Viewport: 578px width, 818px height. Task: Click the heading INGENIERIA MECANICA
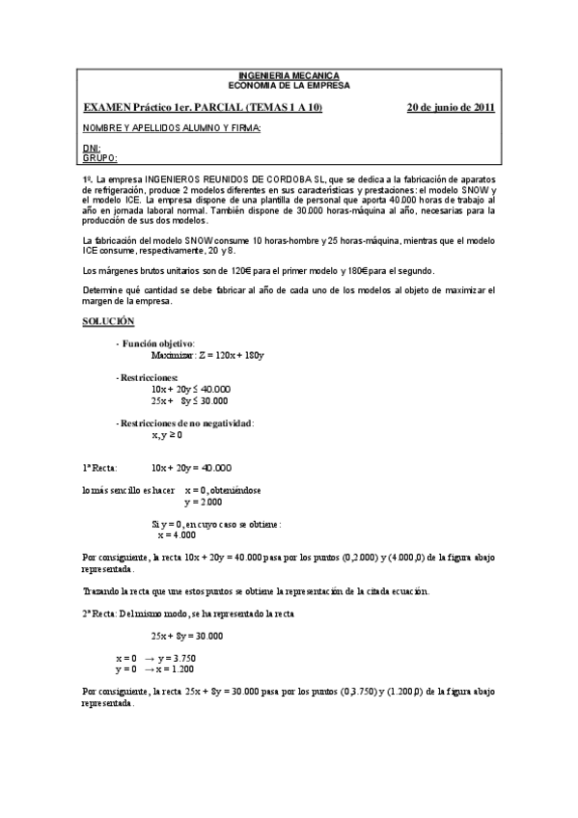point(289,76)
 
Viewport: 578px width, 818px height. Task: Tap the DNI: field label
point(93,149)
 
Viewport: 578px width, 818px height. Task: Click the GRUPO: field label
point(99,157)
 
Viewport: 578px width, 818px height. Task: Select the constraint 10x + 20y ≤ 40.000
point(190,388)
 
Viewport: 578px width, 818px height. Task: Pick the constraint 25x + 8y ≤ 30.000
point(190,400)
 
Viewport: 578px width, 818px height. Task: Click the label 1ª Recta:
point(100,468)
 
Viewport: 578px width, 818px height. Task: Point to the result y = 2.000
point(203,502)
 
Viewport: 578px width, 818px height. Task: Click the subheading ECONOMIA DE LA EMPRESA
point(289,85)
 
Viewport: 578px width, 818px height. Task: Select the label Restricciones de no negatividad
point(186,423)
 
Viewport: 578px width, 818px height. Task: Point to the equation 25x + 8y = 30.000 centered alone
point(187,636)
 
